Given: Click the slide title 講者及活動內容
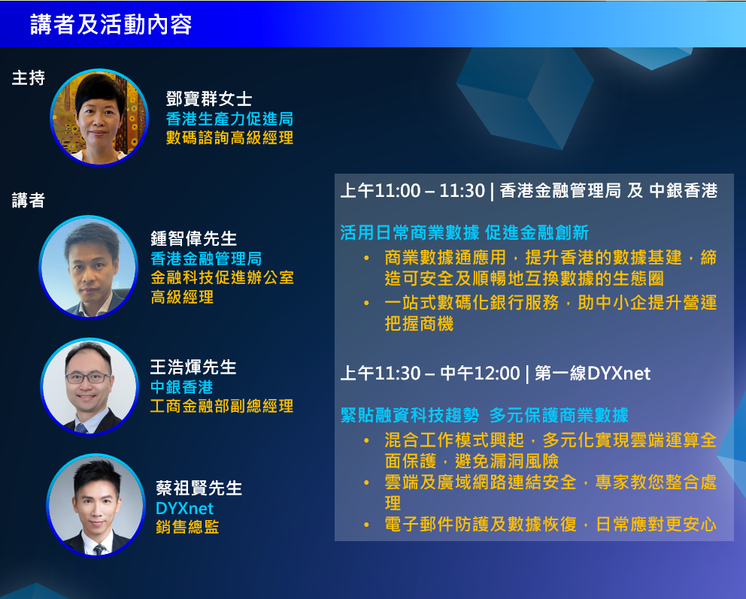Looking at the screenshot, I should click(111, 24).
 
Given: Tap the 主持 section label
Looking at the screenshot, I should click(29, 78).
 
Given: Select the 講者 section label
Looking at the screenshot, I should click(29, 201).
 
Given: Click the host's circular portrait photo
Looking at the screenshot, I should click(99, 117).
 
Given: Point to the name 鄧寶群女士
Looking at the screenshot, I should click(208, 99).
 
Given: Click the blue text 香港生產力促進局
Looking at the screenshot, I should click(229, 119).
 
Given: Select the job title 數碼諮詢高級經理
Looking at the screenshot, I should click(229, 138).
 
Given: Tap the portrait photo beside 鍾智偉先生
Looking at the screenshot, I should click(88, 267).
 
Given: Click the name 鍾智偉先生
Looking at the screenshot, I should click(194, 239).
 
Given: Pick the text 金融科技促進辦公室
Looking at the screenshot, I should click(222, 277).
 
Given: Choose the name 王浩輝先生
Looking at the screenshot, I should click(193, 368).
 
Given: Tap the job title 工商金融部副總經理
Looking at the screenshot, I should click(221, 407).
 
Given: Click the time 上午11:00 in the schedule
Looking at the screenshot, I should click(381, 191).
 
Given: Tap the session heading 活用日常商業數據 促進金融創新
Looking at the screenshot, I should click(464, 231).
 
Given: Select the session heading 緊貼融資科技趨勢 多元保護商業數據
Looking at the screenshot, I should click(484, 415).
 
